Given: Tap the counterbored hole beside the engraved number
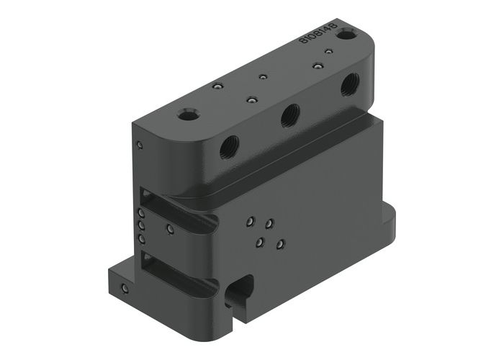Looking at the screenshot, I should [348, 34].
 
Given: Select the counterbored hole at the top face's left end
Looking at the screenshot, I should [189, 114].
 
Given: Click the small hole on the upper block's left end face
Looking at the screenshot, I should [140, 145].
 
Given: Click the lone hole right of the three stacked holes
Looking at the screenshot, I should [169, 230].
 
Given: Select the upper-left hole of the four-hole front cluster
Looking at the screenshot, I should [250, 222].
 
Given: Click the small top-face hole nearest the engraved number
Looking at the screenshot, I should [328, 52].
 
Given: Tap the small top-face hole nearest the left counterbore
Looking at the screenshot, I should [215, 87].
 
